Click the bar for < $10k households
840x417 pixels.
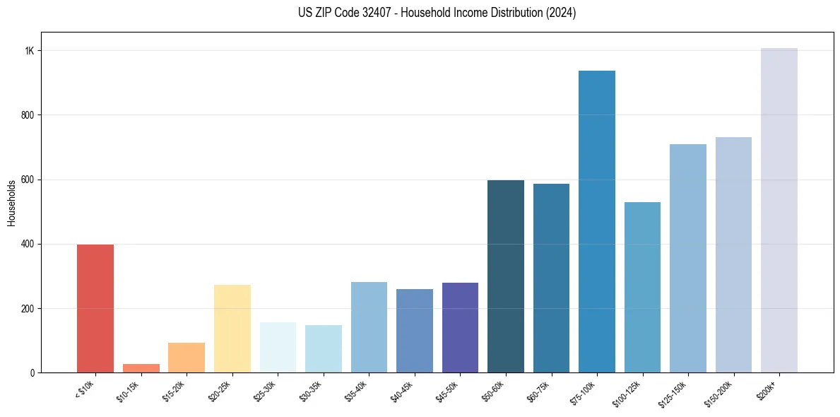click(x=95, y=308)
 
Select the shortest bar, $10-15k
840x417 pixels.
click(x=141, y=368)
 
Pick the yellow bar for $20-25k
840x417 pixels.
click(x=232, y=329)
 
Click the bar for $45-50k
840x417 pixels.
click(x=460, y=327)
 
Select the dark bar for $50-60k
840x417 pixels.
click(x=506, y=276)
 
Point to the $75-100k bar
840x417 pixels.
click(x=597, y=221)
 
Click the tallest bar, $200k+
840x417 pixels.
click(x=779, y=210)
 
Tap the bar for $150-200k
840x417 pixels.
click(x=733, y=254)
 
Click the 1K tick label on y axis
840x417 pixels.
click(x=30, y=51)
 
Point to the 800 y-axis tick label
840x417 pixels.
click(x=28, y=115)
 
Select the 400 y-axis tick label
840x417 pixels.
click(x=28, y=244)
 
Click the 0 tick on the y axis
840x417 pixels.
click(x=32, y=372)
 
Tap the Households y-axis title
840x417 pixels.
click(x=12, y=203)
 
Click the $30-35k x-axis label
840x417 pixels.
click(x=312, y=390)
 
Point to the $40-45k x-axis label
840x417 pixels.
click(x=403, y=390)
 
